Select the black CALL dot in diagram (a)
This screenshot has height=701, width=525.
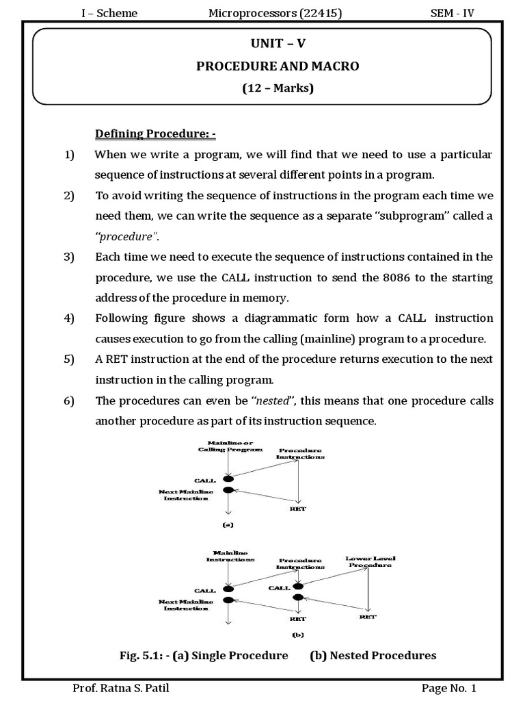[x=228, y=479]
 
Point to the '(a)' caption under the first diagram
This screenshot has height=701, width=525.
[x=228, y=525]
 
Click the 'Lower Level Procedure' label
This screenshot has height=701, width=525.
[x=370, y=561]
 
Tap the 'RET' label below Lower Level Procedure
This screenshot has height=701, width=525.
[x=368, y=616]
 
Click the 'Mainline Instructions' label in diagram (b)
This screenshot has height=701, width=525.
[x=230, y=555]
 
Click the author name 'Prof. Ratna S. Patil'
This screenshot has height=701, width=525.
[x=120, y=688]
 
